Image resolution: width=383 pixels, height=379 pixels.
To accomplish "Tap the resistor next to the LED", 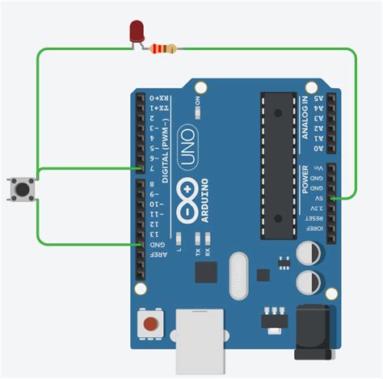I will pos(162,50).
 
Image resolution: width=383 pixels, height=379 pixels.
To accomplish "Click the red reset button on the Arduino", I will pos(150,326).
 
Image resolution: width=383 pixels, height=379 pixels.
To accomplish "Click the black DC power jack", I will pos(314,331).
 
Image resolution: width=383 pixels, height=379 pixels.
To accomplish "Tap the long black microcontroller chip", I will pos(276,165).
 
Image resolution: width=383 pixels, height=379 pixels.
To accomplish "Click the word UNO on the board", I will pos(186,145).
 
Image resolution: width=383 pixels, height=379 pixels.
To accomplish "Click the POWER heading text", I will pos(305,179).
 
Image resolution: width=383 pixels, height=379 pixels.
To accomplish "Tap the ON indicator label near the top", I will pos(197,100).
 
